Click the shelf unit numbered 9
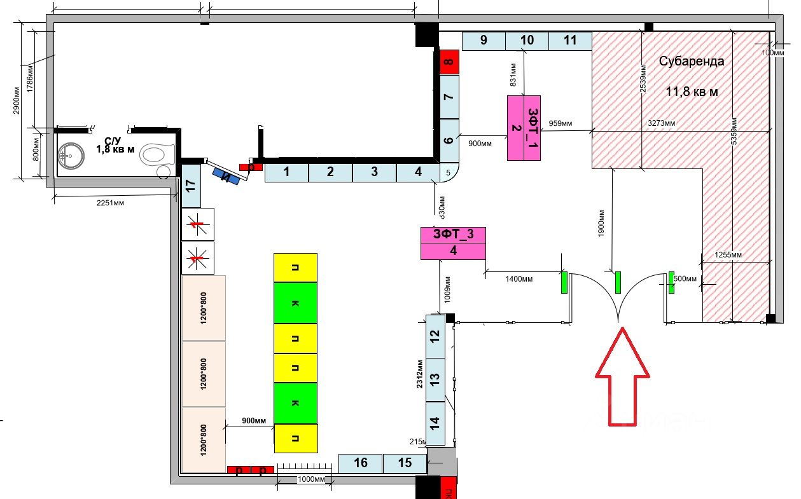[484, 41]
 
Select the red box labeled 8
[449, 62]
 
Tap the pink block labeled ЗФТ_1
[524, 127]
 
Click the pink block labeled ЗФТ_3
[453, 242]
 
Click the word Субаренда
[691, 62]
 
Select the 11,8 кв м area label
[692, 92]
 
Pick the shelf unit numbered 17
[191, 186]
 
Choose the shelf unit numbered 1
[286, 172]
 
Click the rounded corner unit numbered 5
[448, 172]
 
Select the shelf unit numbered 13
[435, 379]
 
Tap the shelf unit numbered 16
[360, 463]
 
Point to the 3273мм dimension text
[662, 123]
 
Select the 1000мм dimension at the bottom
[312, 479]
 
